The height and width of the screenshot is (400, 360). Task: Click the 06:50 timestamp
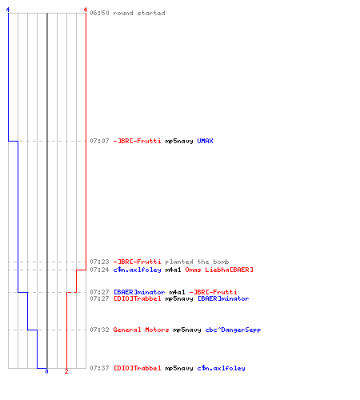99,13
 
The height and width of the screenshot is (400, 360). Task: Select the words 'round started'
139,13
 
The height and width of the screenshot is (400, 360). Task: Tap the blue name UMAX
205,141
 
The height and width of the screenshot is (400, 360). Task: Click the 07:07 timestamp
99,141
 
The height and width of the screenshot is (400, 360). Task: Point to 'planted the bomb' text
197,262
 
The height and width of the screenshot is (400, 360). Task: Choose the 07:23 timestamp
99,262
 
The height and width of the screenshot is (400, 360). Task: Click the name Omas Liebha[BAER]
219,270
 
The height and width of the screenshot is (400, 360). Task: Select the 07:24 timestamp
99,270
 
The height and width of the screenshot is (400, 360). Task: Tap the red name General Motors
141,330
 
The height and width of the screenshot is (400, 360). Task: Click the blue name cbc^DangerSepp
233,330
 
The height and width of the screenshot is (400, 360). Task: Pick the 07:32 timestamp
99,330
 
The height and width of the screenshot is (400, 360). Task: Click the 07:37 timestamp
99,368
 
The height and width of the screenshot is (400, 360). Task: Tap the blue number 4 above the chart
8,10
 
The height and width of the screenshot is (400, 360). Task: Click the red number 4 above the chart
86,10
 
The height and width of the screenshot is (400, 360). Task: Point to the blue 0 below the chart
46,371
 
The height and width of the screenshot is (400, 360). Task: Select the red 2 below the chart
66,371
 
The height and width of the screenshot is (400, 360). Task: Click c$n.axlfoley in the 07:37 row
221,369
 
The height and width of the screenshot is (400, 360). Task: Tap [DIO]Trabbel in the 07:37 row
137,368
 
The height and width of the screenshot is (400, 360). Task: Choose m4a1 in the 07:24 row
173,270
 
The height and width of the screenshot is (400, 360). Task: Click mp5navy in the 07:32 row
187,330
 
